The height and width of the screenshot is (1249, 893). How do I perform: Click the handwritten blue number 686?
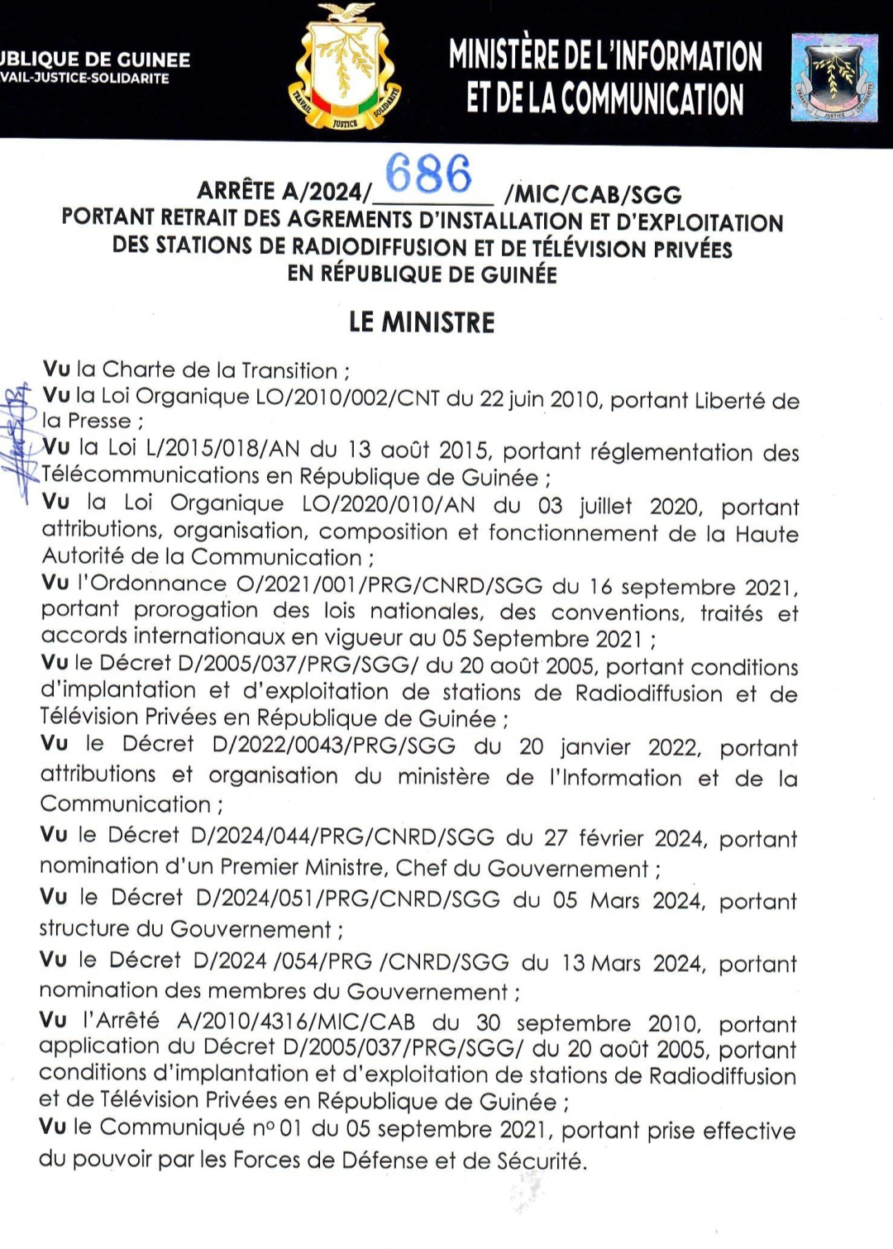[x=428, y=174]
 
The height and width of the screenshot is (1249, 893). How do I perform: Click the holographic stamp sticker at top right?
[x=833, y=79]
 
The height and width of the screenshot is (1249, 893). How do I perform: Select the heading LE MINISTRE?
[x=422, y=322]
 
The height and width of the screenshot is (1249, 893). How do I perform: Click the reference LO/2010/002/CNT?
[x=348, y=398]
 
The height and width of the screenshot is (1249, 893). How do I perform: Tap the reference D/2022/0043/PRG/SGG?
[x=334, y=746]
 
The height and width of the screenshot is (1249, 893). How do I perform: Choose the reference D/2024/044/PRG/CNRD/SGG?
[x=342, y=837]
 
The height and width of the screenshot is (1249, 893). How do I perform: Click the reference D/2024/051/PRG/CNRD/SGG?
[x=347, y=899]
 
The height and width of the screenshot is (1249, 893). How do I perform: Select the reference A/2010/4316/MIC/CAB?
[x=296, y=1022]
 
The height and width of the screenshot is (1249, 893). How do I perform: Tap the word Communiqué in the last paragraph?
[x=172, y=1127]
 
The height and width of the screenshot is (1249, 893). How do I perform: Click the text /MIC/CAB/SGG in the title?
[x=593, y=195]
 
